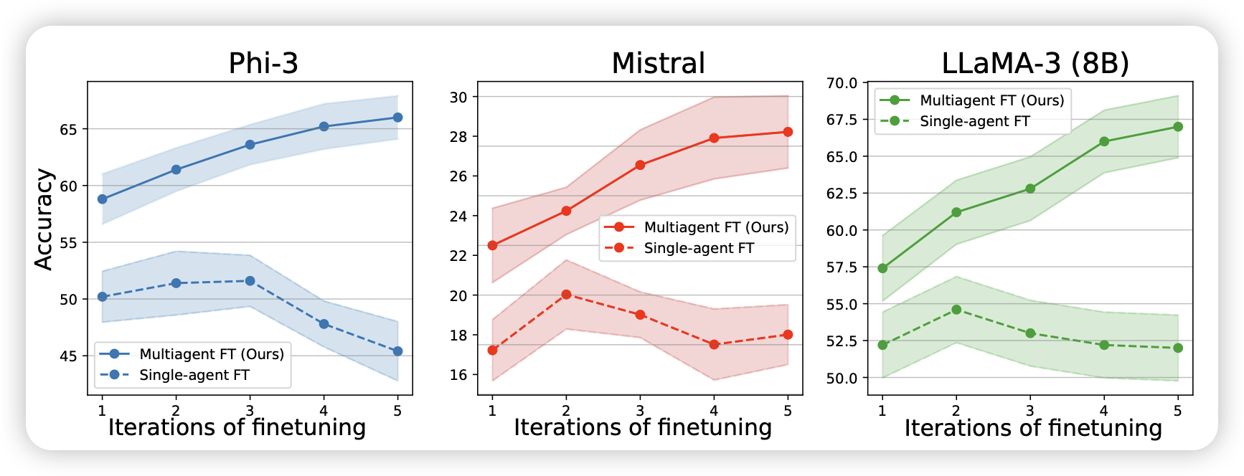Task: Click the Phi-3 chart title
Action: (x=263, y=63)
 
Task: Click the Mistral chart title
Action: (x=658, y=63)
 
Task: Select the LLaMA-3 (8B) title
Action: (x=1035, y=63)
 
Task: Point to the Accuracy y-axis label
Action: (x=44, y=219)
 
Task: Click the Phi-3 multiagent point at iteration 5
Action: (x=397, y=118)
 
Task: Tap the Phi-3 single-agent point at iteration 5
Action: (x=397, y=351)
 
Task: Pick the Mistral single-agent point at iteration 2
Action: (x=566, y=294)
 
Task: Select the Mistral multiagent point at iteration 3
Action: (x=640, y=165)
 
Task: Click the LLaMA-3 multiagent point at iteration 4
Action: (x=1104, y=141)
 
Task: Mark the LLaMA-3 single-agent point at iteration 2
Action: (x=956, y=309)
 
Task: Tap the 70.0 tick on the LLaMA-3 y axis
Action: (x=842, y=83)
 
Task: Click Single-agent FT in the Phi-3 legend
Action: (x=194, y=375)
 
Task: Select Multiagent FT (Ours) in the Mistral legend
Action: (x=716, y=227)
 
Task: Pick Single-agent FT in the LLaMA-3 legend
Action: (x=974, y=121)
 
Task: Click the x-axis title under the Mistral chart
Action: (x=643, y=427)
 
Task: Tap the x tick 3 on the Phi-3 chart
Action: (x=250, y=411)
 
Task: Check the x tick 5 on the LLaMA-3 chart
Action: (x=1177, y=411)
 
